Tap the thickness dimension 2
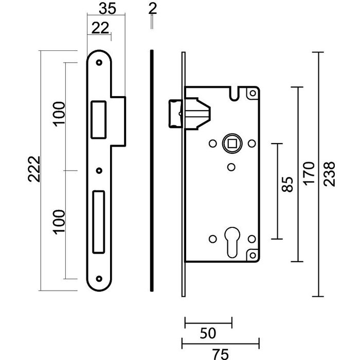coord(151,8)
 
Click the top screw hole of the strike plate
coord(99,62)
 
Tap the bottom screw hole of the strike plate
coord(99,278)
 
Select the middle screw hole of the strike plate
coord(99,170)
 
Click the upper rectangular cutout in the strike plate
coord(97,120)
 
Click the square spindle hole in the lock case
coord(231,143)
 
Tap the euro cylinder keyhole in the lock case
coord(231,242)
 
